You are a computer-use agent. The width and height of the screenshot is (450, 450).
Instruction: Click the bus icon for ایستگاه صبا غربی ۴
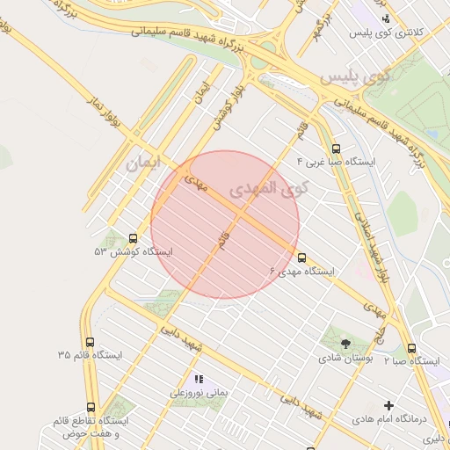tap(336, 149)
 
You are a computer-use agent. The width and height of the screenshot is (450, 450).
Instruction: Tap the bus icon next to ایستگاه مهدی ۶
tap(302, 258)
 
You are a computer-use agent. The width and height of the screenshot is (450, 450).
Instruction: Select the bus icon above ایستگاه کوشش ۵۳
tap(133, 237)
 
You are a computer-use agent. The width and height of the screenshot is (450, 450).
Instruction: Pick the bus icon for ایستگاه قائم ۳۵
tap(90, 341)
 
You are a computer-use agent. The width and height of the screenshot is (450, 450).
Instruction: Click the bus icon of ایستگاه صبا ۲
tap(412, 348)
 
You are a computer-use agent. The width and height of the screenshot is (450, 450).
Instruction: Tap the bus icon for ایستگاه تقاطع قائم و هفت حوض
tap(91, 406)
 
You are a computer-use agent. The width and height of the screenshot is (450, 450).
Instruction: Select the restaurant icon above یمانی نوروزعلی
tap(199, 380)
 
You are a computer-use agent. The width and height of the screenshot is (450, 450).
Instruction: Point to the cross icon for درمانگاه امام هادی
tap(388, 405)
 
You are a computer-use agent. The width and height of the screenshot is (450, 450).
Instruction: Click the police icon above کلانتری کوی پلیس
tap(384, 18)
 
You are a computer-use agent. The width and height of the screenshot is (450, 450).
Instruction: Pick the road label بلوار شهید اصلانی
tap(368, 238)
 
